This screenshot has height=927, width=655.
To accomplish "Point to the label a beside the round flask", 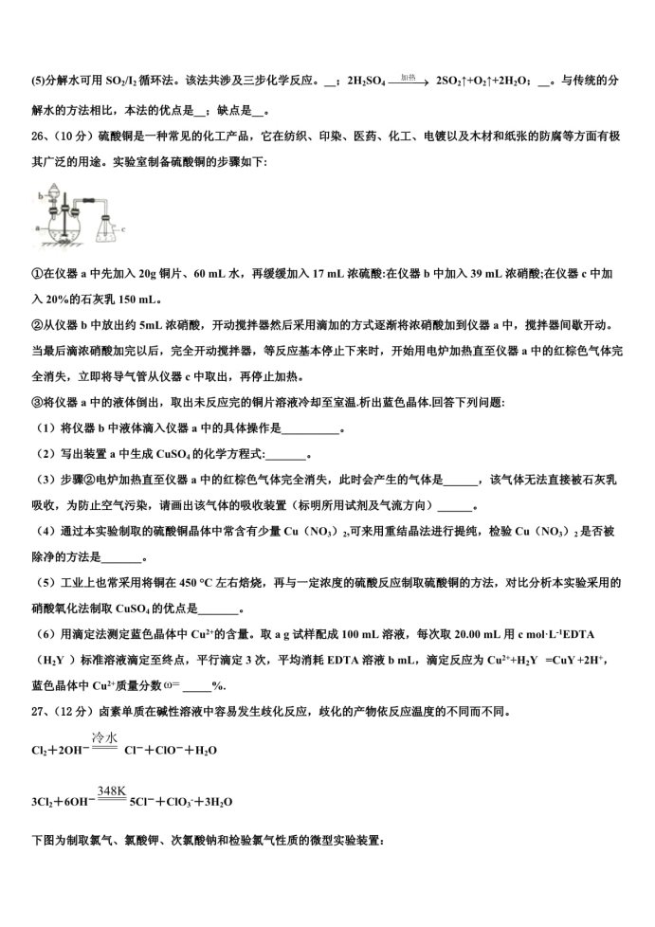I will pos(36,228).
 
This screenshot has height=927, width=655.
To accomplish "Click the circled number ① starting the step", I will pos(36,274).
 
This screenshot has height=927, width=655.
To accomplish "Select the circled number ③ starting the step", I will pos(36,403).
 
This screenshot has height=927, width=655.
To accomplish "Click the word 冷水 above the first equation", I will pos(104,736).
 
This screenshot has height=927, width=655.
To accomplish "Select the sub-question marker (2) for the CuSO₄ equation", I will pos(42,454).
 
